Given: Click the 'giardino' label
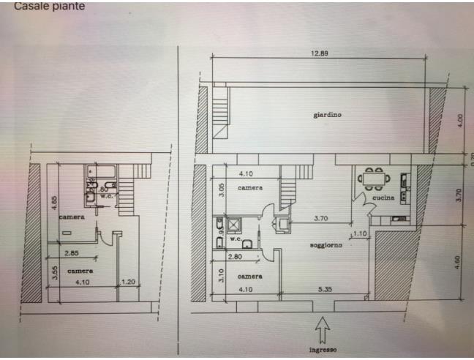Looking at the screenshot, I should [328, 115].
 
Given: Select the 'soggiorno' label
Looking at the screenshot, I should [326, 244].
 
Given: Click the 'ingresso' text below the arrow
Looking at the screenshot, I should [323, 350].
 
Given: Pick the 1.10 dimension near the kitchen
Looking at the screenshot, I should [360, 233].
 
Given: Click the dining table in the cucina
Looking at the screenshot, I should [373, 177].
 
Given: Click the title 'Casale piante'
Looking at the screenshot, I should [49, 6].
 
